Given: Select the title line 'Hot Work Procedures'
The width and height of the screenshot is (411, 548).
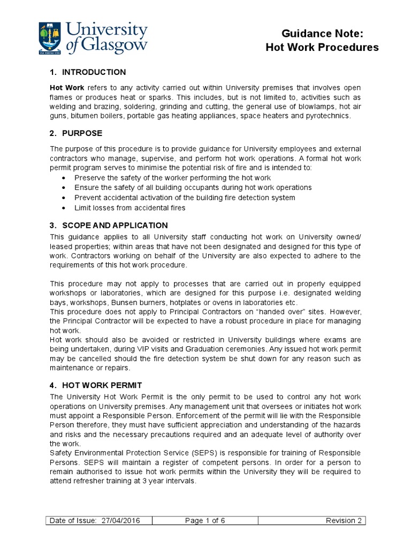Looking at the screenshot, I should point(322,48).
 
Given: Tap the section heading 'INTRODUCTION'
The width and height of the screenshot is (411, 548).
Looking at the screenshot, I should point(94,72).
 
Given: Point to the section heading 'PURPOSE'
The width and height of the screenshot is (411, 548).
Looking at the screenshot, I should point(82,133).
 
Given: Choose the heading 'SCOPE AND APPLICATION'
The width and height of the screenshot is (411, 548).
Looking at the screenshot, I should point(115,225).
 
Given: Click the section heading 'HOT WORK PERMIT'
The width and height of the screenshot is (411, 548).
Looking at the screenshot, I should point(102,385).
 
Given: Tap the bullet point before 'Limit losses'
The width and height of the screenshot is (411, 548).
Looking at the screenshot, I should point(65,208).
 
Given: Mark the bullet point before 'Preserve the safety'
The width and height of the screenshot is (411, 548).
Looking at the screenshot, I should point(65,178).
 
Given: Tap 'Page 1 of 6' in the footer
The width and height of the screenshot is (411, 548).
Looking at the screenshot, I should point(205,521).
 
